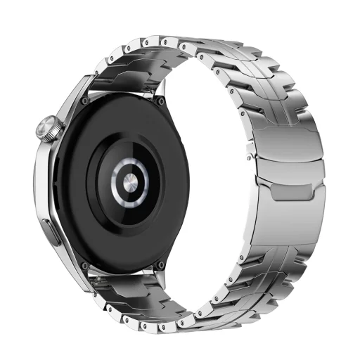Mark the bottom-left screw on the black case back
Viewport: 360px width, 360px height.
click(x=85, y=265)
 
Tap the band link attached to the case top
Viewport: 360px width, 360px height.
click(x=123, y=77)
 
